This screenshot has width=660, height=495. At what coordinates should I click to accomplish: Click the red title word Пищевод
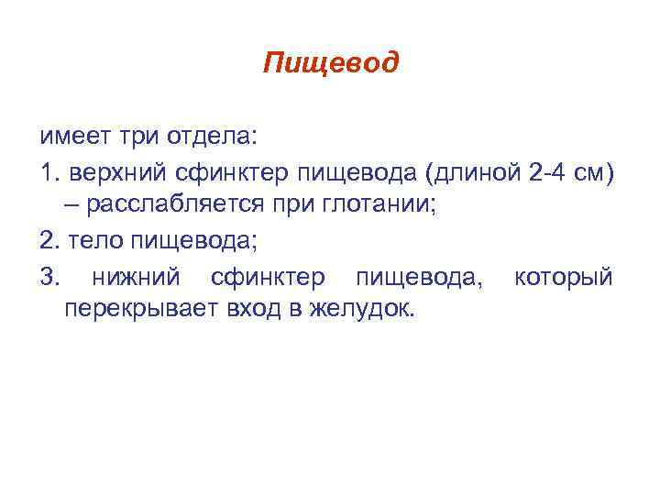tap(330, 63)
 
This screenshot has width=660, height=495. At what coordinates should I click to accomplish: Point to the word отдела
tap(213, 137)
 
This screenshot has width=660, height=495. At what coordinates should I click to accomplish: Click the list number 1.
tap(47, 171)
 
